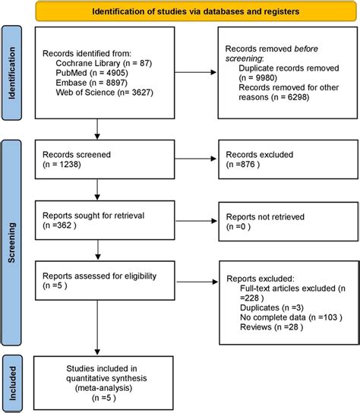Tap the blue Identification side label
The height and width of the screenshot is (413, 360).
pos(12,72)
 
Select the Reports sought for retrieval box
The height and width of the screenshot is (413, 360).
pos(96,219)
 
